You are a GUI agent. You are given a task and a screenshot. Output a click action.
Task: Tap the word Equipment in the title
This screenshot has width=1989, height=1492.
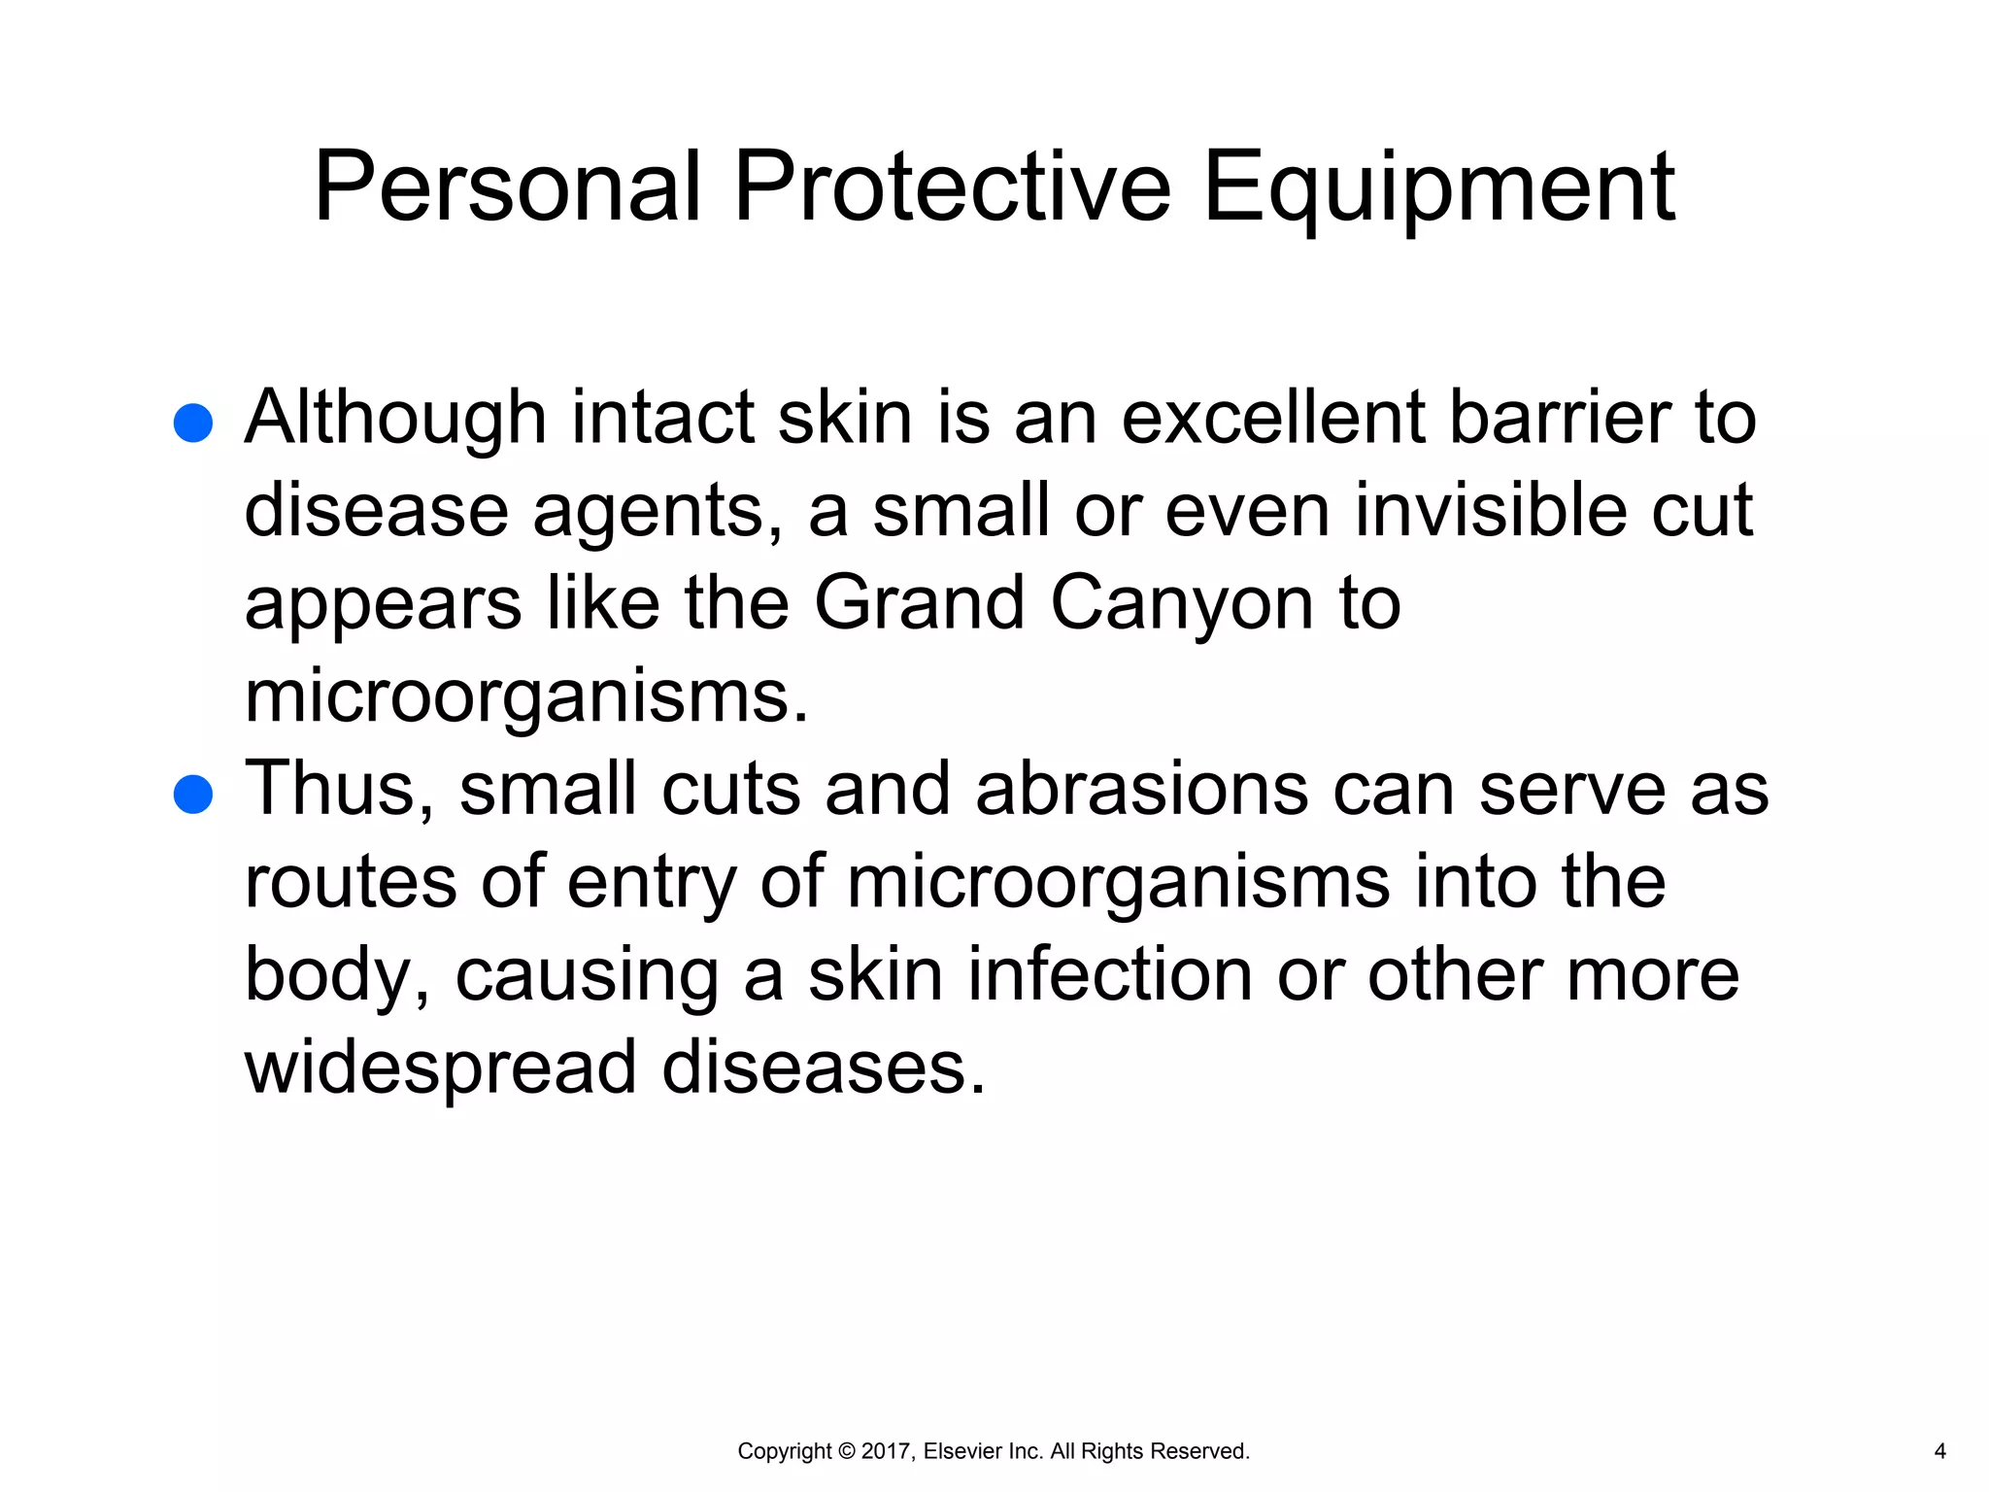point(1438,189)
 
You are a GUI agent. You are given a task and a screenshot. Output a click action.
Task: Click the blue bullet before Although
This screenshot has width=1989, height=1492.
point(193,424)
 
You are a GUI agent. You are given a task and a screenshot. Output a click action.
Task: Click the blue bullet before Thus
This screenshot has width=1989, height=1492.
point(193,794)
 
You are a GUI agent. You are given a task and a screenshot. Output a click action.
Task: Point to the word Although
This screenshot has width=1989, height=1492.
point(395,418)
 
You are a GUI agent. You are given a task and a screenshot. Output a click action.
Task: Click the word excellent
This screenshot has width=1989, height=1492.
point(1273,418)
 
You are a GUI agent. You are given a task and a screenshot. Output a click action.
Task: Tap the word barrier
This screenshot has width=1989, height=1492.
point(1561,418)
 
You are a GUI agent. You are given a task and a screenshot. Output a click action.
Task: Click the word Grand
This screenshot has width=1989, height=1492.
point(919,603)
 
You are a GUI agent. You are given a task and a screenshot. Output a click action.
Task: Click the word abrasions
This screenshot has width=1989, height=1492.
point(1141,789)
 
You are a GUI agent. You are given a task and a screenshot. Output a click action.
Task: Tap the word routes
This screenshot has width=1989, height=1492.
point(351,882)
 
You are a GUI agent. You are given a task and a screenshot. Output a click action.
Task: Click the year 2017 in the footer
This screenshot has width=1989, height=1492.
point(885,1451)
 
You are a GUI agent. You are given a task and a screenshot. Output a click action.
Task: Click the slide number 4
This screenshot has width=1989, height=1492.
point(1939,1451)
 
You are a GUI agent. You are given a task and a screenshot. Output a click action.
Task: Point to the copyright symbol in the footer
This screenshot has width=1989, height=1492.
point(846,1451)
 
